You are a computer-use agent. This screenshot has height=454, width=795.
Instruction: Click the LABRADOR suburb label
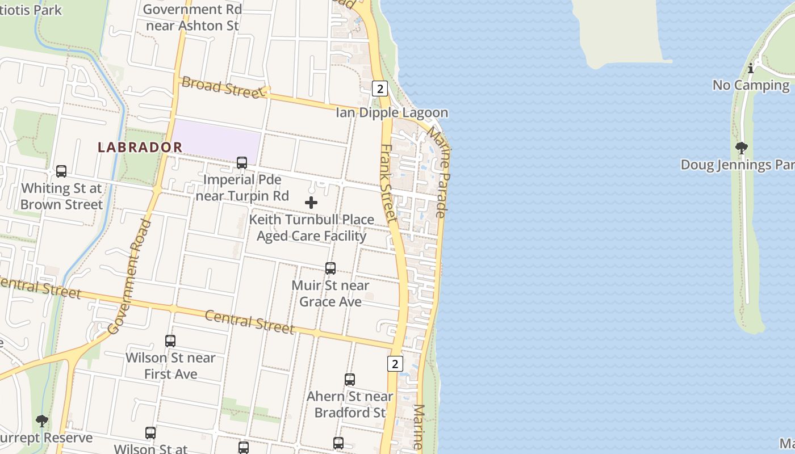[140, 147]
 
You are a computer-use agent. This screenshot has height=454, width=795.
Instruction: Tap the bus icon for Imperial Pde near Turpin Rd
[242, 163]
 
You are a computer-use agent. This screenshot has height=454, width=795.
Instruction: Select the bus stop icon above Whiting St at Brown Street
[61, 171]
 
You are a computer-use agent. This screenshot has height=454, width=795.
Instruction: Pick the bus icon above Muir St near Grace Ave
[330, 268]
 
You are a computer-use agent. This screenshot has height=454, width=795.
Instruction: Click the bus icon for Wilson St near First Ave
[170, 341]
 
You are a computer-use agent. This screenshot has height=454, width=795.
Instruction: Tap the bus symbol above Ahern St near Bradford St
[350, 380]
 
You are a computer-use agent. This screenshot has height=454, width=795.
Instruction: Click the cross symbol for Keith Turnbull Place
[311, 203]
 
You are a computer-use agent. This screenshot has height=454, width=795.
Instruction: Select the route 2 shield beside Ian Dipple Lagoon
[380, 89]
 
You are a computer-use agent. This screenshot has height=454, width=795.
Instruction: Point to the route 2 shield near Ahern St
[395, 364]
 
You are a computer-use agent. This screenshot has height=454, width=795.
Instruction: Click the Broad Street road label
[221, 87]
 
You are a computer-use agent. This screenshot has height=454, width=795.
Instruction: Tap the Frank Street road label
[388, 183]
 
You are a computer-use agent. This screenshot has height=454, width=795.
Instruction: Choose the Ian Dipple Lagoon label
[392, 112]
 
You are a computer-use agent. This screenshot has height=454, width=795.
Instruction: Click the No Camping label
[751, 85]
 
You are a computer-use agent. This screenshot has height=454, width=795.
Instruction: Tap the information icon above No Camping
[751, 69]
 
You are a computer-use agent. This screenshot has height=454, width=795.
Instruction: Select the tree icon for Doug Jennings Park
[741, 149]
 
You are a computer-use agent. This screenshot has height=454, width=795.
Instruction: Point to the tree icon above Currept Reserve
[42, 421]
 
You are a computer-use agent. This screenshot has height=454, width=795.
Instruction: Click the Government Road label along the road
[130, 276]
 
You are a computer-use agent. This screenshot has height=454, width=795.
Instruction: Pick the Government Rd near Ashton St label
[193, 18]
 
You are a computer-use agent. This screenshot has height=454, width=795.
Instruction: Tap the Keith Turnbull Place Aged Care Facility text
[312, 228]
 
